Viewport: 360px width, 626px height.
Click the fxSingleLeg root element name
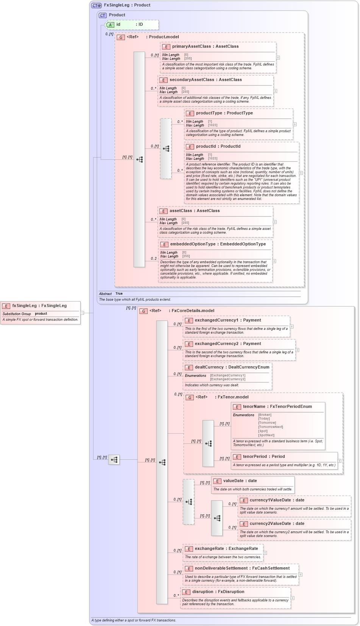39,306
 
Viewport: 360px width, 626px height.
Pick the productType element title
224,113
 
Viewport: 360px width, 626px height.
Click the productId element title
218,146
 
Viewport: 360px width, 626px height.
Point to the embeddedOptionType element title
218,244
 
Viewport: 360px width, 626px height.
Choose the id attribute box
131,25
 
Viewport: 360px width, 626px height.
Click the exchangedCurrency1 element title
228,320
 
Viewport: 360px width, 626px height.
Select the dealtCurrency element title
232,367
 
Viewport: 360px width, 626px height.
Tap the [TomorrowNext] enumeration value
270,427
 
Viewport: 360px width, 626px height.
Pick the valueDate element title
240,481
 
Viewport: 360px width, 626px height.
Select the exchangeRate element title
226,548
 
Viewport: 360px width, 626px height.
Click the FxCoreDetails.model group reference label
193,311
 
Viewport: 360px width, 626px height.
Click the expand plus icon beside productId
301,173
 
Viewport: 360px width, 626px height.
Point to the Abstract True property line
111,293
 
